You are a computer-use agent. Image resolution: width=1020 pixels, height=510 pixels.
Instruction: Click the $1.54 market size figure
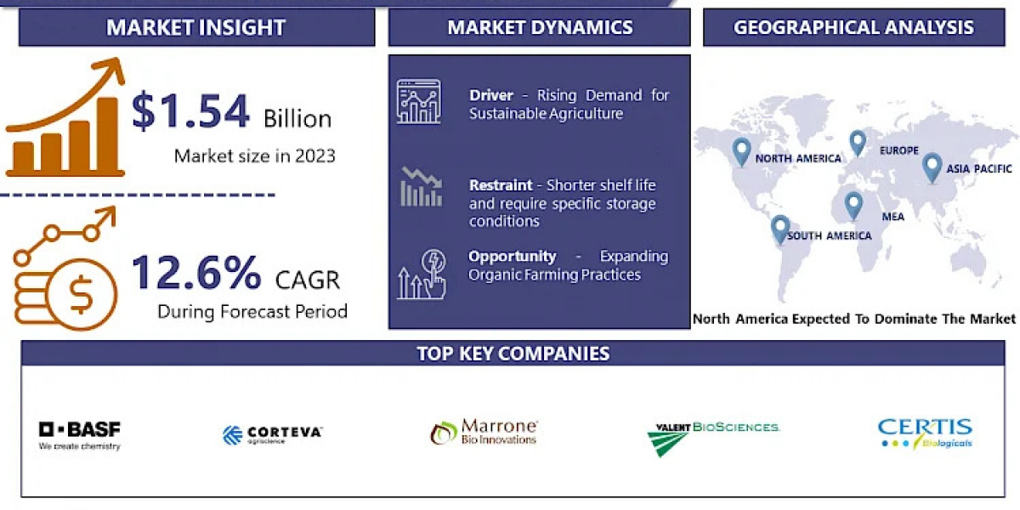coord(190,110)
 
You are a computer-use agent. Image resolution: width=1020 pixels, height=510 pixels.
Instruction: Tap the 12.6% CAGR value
coord(196,273)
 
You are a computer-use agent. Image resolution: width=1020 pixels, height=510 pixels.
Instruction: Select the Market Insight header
coord(196,27)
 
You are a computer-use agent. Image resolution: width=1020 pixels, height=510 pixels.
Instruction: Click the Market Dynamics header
coord(540,27)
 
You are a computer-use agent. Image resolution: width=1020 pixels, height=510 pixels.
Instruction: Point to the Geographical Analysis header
coord(853,27)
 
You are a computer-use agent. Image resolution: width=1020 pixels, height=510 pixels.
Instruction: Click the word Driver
coord(491,95)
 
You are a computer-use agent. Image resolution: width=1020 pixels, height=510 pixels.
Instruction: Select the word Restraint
coord(501,185)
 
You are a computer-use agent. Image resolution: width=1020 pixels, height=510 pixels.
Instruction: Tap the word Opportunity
coord(513,257)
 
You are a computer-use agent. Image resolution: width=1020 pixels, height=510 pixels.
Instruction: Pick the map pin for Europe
coord(858,143)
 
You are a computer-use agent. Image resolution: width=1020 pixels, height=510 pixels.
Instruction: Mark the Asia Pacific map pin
coord(932,168)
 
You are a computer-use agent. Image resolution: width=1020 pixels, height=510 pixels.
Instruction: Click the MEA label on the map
coord(893,217)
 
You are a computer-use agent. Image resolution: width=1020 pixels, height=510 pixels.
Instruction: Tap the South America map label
coord(830,236)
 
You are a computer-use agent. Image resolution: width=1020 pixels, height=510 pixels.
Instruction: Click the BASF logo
coord(80,435)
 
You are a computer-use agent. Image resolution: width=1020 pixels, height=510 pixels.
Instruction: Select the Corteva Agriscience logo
coord(272,435)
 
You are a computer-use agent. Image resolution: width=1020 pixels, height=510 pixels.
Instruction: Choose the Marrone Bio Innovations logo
coord(484,432)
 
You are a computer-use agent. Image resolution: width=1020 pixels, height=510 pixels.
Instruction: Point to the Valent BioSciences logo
coord(713,439)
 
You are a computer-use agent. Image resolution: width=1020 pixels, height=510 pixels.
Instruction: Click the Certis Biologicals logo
coord(925,433)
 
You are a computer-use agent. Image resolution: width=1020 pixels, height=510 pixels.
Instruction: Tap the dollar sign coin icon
coord(81,294)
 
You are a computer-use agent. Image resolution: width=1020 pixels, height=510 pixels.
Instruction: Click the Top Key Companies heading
coord(513,354)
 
